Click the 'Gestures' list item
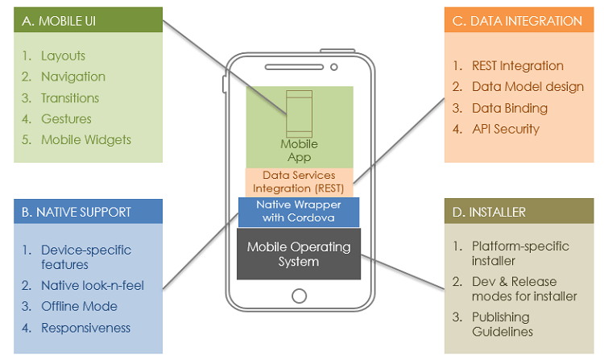click(x=66, y=119)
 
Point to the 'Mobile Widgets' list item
click(x=86, y=139)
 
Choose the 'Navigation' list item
click(x=73, y=77)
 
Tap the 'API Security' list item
click(x=507, y=129)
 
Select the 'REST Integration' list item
click(x=519, y=66)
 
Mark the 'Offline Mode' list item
click(x=79, y=306)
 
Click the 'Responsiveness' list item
click(x=85, y=328)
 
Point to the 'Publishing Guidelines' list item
click(x=507, y=324)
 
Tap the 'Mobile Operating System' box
click(x=299, y=254)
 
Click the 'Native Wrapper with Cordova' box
click(x=299, y=211)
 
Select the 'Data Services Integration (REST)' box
click(x=298, y=181)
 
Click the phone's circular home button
click(x=299, y=294)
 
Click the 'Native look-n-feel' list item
click(x=92, y=285)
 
